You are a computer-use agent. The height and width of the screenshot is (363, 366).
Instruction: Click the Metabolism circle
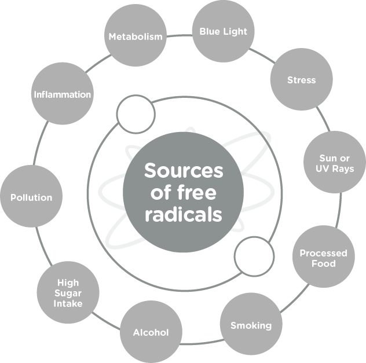tap(136, 35)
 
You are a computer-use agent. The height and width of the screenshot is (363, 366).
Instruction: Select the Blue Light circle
tap(224, 31)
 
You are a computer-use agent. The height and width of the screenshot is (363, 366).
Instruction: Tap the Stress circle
tap(302, 79)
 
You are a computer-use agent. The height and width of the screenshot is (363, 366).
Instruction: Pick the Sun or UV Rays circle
tap(335, 162)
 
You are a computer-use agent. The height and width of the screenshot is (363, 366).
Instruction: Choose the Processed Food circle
tap(324, 256)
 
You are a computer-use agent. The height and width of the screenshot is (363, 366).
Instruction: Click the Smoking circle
tap(251, 324)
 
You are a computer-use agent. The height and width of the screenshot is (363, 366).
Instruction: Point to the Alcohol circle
tap(151, 332)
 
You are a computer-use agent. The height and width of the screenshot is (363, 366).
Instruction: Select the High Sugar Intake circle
tap(68, 292)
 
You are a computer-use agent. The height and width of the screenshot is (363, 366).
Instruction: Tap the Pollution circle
tap(31, 196)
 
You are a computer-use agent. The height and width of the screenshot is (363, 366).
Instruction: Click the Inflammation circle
tap(63, 94)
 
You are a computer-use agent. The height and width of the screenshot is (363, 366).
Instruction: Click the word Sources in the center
tap(184, 171)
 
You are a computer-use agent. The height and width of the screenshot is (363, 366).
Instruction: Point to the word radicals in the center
tap(184, 214)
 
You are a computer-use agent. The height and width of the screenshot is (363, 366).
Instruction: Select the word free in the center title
tap(197, 192)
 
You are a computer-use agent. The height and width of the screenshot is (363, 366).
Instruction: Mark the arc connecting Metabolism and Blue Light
tap(180, 36)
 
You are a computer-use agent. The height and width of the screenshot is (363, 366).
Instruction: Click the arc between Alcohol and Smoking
tap(202, 343)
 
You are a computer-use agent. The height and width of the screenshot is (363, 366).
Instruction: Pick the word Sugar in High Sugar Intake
tap(68, 294)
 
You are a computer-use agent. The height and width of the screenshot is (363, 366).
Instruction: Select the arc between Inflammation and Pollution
tap(39, 142)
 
